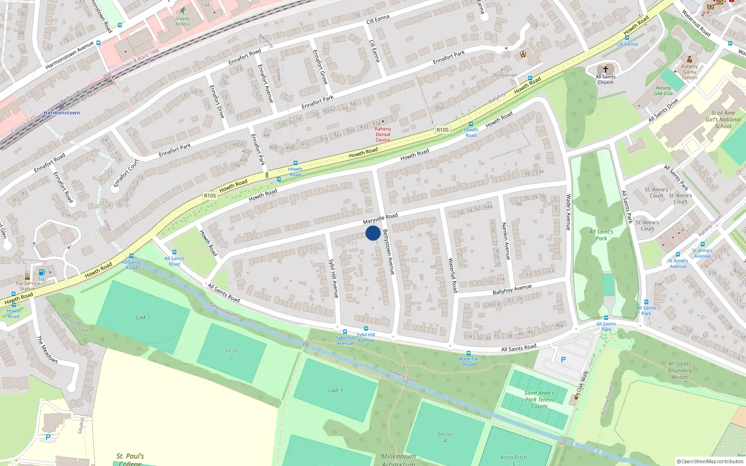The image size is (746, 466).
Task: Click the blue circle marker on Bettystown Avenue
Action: tap(373, 233)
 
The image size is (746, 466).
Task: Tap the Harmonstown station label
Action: tap(62, 113)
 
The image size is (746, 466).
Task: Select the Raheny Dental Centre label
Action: tap(383, 134)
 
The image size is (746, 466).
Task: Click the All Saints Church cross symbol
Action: tap(605, 69)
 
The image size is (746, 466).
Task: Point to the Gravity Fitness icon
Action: tap(182, 10)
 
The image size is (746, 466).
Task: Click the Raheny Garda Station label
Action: tap(689, 72)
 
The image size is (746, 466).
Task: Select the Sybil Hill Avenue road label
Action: tap(333, 278)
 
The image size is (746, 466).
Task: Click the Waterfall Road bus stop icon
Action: tap(468, 353)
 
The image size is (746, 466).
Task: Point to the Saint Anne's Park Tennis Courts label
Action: tap(539, 399)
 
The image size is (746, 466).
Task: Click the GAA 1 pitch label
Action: tap(143, 317)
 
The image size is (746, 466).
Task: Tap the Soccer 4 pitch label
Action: tap(445, 437)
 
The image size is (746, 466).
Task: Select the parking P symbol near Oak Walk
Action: tap(563, 360)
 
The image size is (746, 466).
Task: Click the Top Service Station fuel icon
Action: tap(41, 273)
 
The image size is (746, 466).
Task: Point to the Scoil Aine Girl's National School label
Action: tap(723, 119)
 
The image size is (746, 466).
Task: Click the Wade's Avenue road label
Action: tap(568, 212)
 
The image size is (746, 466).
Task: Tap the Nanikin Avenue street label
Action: tap(506, 241)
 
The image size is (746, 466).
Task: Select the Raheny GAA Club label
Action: tap(663, 90)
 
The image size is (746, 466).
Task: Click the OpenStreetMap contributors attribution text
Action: tap(710, 461)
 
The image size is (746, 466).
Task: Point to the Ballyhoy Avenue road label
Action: tap(512, 289)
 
